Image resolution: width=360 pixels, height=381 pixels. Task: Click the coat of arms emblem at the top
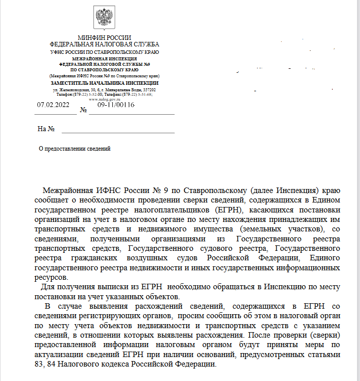click(x=104, y=18)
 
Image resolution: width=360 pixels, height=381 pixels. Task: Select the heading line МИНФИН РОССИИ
click(x=104, y=38)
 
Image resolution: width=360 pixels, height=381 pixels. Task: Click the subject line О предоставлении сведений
click(x=74, y=148)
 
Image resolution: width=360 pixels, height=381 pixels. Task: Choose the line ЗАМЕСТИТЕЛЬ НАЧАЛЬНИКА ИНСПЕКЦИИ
click(x=104, y=83)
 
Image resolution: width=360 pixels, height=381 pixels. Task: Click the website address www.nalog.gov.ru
click(x=104, y=99)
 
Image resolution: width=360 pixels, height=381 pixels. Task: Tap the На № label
click(x=45, y=129)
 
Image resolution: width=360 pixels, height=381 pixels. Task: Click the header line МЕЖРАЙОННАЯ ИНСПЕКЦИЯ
click(x=104, y=59)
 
